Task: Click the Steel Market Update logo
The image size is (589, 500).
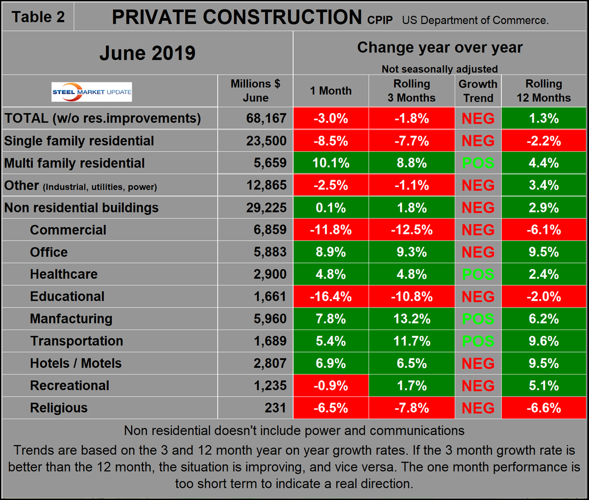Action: point(92,92)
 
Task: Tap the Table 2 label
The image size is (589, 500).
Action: point(38,17)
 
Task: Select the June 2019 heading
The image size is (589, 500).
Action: point(147,53)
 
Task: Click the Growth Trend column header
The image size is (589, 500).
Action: point(478,91)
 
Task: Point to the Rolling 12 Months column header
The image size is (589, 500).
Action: point(543,91)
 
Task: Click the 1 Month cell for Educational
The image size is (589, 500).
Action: point(331,296)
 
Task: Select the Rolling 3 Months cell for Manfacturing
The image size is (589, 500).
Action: point(412,319)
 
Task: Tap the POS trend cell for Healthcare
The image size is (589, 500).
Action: point(478,274)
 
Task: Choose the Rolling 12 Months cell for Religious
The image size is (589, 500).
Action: point(543,408)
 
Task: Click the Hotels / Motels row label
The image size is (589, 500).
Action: point(76,363)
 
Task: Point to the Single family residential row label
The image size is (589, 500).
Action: point(79,141)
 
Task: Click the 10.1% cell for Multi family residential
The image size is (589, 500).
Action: point(331,163)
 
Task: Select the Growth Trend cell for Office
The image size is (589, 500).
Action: point(478,252)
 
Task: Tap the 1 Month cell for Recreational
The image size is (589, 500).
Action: point(331,385)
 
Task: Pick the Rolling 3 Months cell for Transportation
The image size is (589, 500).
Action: point(412,341)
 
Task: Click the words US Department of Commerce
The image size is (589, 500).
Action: point(475,20)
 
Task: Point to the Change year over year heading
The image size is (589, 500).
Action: point(440,48)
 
